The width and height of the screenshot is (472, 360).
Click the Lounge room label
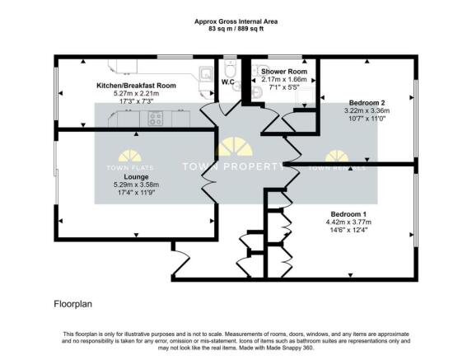136,176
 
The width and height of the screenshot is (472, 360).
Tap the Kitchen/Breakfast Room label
136,86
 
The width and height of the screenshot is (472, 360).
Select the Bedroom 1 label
348,214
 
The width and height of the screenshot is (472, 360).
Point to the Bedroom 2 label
367,103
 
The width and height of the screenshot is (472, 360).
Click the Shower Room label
284,72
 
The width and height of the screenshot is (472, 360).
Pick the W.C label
228,82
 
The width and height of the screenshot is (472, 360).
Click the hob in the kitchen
156,119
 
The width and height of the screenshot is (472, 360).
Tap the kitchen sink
206,72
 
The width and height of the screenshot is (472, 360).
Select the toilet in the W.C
231,68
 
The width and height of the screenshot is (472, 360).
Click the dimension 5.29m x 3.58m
136,185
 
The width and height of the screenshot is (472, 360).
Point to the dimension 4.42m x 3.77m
348,222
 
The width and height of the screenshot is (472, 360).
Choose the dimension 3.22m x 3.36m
367,110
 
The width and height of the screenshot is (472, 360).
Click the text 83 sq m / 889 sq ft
236,29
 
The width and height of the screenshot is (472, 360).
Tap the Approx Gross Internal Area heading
236,21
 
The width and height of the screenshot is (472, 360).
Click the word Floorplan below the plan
72,304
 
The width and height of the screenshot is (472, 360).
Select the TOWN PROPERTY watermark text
233,166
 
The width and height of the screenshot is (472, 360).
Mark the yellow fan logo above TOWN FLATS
130,156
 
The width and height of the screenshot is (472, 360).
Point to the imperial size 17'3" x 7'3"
136,101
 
